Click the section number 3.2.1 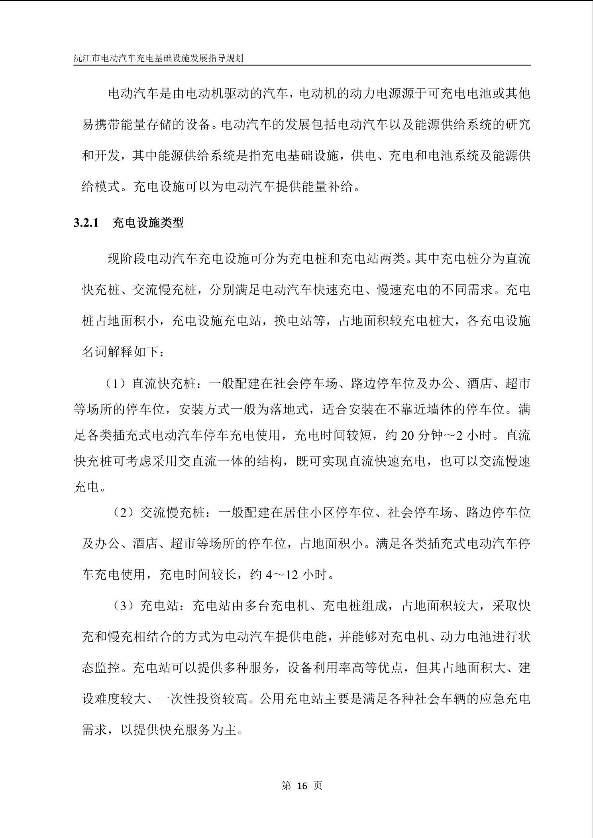[86, 223]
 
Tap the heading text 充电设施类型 [148, 223]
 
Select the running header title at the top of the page [159, 58]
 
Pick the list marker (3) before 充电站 [125, 606]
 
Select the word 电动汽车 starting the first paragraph [134, 94]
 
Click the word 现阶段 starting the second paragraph [127, 259]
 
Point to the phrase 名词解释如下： [122, 352]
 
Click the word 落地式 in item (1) [295, 409]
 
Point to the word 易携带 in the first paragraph [101, 125]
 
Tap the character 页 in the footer [318, 785]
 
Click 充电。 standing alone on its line [90, 487]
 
